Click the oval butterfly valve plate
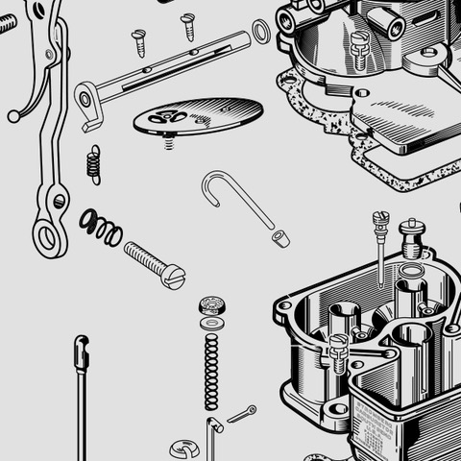[198, 115]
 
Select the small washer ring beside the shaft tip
[260, 33]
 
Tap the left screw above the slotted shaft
[139, 41]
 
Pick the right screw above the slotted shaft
[188, 25]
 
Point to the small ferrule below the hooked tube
[279, 237]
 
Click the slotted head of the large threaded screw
[173, 278]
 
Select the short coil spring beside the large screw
[101, 227]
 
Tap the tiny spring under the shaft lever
[93, 164]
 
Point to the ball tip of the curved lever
[13, 116]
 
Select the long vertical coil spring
[211, 370]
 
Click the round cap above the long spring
[212, 306]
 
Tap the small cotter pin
[241, 414]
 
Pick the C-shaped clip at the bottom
[184, 449]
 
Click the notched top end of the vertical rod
[82, 351]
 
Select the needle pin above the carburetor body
[381, 245]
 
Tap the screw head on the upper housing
[359, 42]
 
